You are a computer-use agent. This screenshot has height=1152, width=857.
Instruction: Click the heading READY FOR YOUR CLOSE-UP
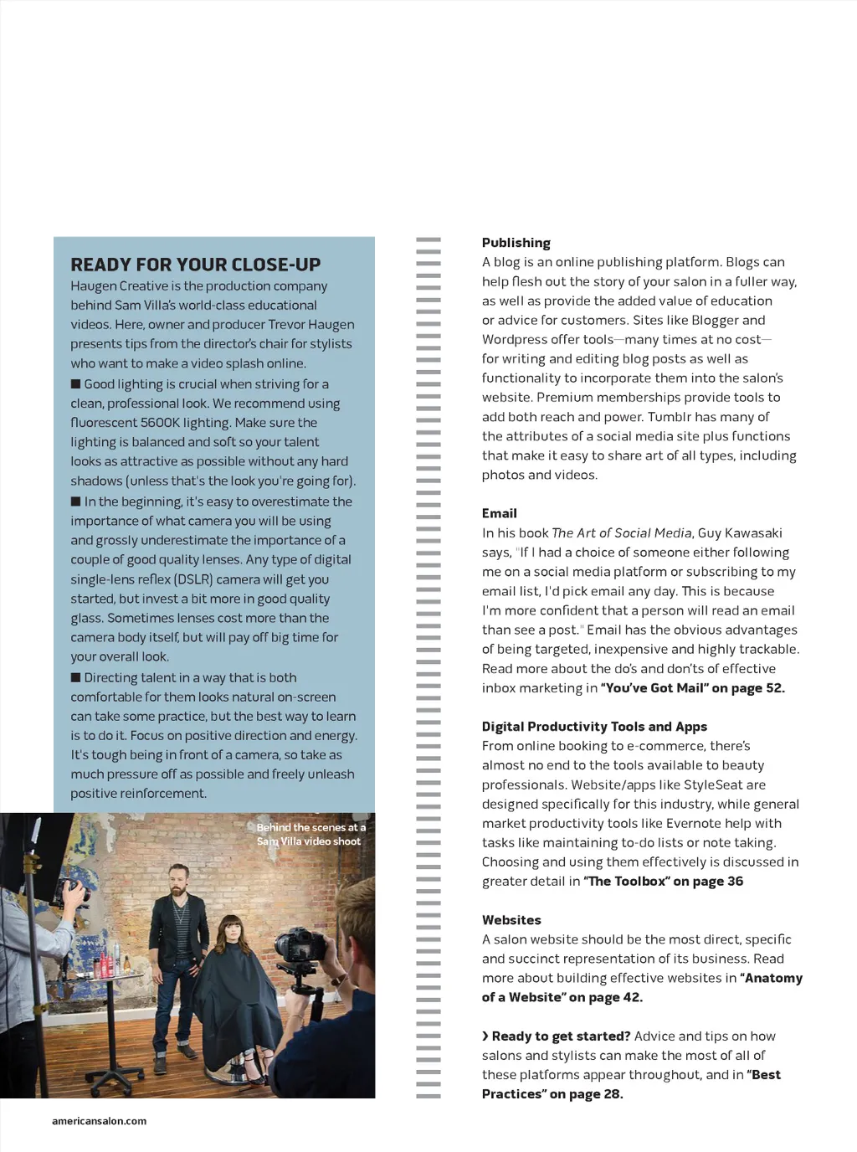tap(195, 265)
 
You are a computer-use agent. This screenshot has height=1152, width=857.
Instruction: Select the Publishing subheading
tap(516, 243)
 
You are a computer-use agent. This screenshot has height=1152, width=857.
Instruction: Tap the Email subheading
tap(499, 513)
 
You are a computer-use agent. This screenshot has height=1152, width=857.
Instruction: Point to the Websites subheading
tap(511, 920)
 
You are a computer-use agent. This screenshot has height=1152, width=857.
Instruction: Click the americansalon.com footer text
tap(99, 1121)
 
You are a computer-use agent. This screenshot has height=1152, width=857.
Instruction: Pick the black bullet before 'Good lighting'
tap(76, 384)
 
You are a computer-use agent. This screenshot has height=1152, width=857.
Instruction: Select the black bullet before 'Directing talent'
tap(76, 677)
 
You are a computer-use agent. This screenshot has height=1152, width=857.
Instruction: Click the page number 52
tap(774, 688)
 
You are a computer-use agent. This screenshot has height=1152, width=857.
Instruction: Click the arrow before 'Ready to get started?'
tap(485, 1036)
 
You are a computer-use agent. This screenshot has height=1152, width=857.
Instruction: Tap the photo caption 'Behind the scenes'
tap(310, 834)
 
